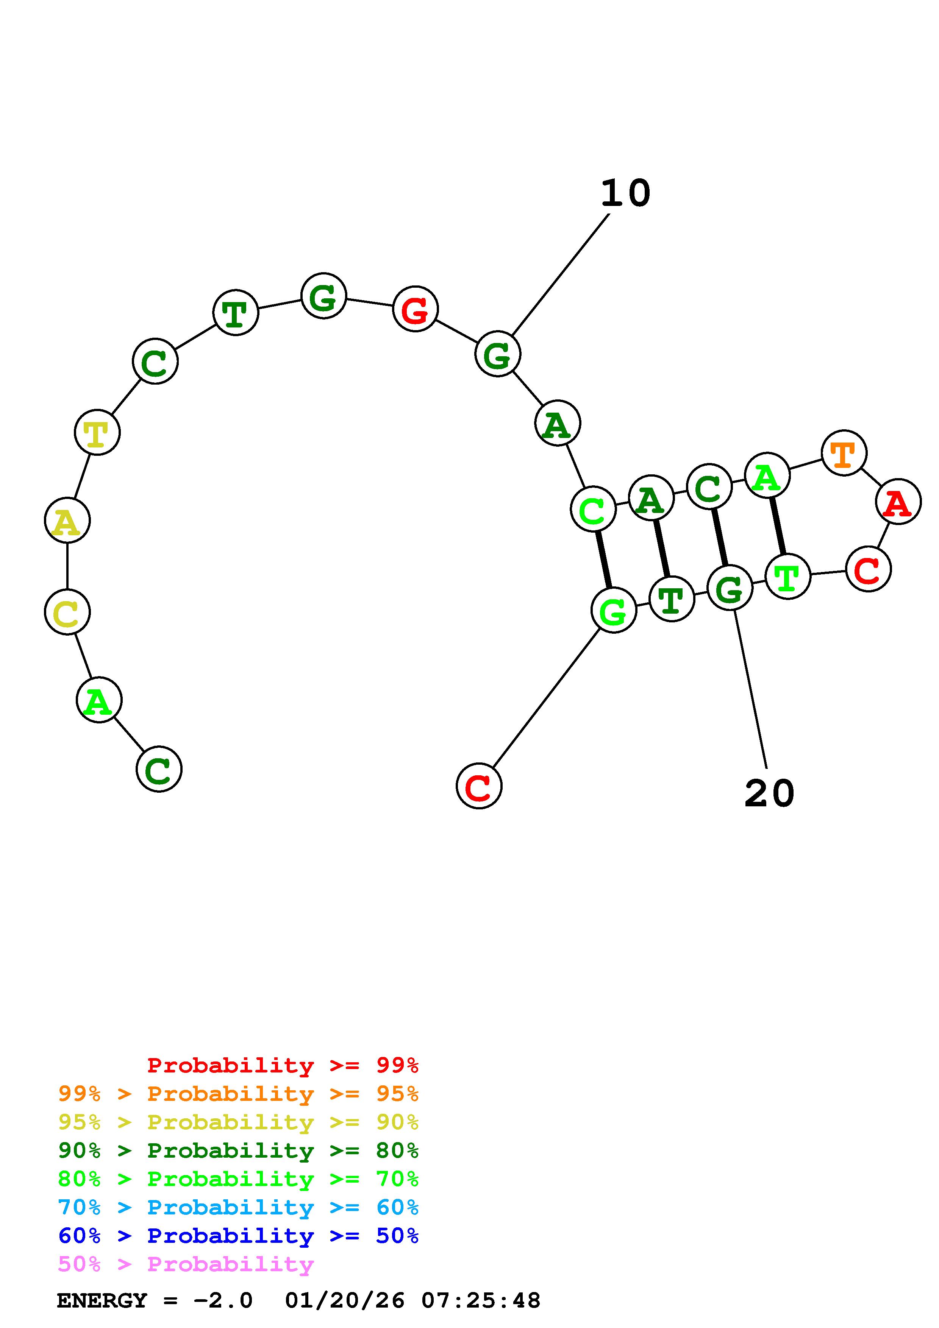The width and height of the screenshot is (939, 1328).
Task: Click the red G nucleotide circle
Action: click(x=415, y=309)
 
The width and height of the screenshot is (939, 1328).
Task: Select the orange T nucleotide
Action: click(x=844, y=453)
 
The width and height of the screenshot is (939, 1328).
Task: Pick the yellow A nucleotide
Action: click(x=67, y=521)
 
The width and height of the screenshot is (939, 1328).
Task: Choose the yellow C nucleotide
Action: click(x=67, y=612)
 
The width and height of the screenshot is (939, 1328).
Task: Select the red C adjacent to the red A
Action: click(x=868, y=570)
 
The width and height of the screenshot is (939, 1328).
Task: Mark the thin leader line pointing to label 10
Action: click(x=560, y=274)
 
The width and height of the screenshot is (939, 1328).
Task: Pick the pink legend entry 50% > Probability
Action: click(x=186, y=1264)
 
